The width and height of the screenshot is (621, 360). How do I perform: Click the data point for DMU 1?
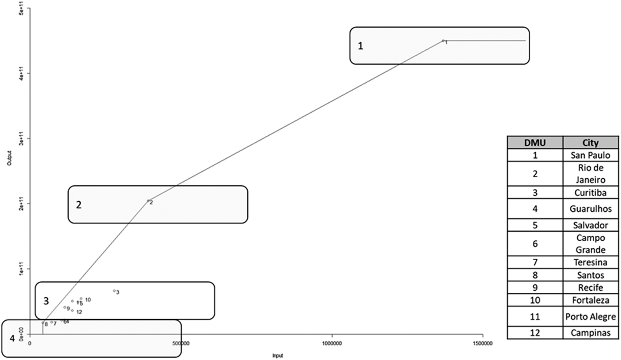443,40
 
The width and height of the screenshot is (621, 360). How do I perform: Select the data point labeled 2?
148,201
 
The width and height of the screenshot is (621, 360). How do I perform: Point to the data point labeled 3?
114,291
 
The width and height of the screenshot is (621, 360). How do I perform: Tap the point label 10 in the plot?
88,300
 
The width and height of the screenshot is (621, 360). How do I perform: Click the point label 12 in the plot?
79,312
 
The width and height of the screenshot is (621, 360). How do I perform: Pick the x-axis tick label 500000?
181,344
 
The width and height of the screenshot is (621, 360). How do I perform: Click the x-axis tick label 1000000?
332,344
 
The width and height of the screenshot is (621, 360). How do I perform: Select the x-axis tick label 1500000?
483,344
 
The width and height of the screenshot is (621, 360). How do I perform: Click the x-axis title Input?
277,356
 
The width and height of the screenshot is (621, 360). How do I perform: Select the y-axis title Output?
10,158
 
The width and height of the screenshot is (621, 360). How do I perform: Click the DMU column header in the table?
535,143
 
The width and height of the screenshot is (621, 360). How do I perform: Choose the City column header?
590,143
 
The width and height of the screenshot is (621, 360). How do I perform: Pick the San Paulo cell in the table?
590,155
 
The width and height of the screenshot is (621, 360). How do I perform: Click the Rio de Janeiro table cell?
590,174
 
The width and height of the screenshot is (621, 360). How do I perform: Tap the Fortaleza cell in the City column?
590,300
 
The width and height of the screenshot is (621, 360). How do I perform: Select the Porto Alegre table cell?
590,317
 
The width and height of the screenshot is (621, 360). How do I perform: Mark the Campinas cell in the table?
590,333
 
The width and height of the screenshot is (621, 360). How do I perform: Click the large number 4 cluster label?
12,338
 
